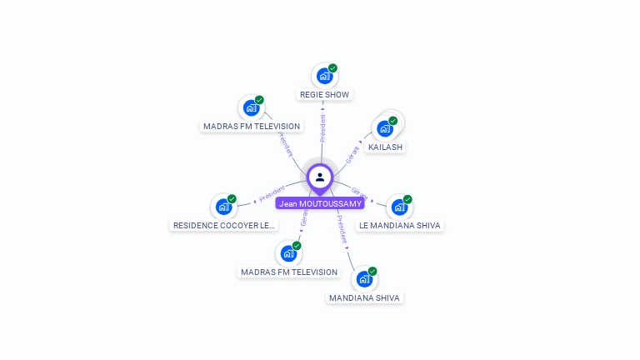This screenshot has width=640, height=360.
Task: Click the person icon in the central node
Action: click(x=320, y=177)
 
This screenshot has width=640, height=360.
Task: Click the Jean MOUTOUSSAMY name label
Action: click(x=320, y=203)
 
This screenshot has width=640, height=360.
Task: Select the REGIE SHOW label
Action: click(x=324, y=95)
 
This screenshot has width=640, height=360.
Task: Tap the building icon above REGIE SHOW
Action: click(x=324, y=76)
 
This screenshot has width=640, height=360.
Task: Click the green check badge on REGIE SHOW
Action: click(x=333, y=68)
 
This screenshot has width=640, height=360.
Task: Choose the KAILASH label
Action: click(x=385, y=147)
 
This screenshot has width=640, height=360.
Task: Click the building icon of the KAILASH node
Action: click(x=384, y=129)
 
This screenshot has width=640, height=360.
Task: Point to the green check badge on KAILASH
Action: click(x=393, y=121)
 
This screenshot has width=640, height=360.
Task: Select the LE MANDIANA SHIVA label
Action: click(x=400, y=226)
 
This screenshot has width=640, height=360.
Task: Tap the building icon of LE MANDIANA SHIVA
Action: click(x=399, y=207)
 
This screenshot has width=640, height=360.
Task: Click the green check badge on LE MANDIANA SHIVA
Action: click(x=408, y=199)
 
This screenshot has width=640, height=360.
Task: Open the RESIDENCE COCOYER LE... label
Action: click(x=223, y=226)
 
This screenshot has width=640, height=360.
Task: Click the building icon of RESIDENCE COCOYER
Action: click(x=223, y=207)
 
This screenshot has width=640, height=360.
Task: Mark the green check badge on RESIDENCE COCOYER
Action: click(x=232, y=198)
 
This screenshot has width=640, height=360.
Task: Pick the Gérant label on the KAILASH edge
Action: click(x=353, y=152)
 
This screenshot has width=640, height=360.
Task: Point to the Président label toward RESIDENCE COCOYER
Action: click(x=272, y=193)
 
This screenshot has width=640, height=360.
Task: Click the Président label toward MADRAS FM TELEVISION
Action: click(x=285, y=144)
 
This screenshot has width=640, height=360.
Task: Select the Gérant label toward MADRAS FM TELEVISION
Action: click(x=304, y=219)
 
